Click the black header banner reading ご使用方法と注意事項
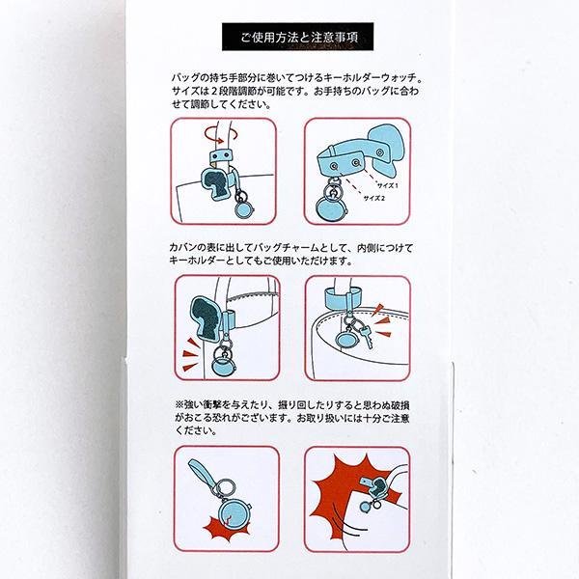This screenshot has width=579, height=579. tap(297, 37)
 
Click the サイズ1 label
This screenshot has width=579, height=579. tap(387, 185)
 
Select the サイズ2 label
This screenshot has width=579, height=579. tap(374, 198)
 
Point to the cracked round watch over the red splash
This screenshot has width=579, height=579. tap(232, 512)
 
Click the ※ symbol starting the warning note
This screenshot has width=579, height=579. tap(179, 405)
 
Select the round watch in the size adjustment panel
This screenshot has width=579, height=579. tap(332, 209)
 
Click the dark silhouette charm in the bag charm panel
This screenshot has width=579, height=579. tap(205, 318)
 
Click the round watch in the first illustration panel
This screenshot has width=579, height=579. tap(243, 209)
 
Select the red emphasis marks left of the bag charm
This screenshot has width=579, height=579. tap(190, 353)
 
